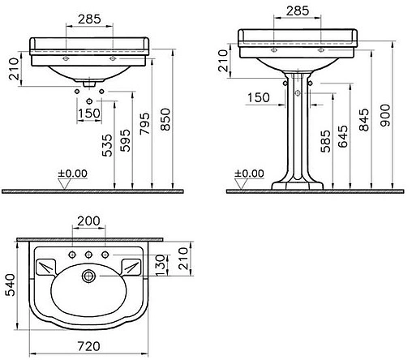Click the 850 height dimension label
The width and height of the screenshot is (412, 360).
tap(165, 119)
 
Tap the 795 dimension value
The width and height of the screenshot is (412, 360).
tap(144, 124)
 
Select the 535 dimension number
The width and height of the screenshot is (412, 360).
tap(107, 145)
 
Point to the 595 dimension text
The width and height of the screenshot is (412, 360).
tap(125, 140)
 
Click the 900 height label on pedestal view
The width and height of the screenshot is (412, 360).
tap(385, 115)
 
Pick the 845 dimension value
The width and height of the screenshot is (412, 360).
tap(364, 120)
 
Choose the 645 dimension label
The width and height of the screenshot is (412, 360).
tap(343, 136)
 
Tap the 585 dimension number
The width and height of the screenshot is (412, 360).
tap(325, 141)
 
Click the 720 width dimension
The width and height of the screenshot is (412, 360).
tap(88, 346)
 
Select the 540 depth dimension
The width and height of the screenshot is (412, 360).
tap(11, 285)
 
